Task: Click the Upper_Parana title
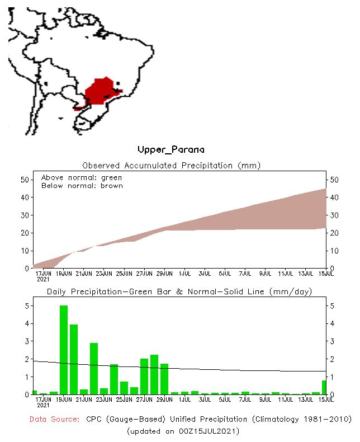click(x=170, y=150)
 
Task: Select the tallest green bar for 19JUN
click(x=64, y=350)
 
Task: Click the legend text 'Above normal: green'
click(x=82, y=177)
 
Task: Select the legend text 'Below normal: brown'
click(x=82, y=185)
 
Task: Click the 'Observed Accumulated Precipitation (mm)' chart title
click(x=172, y=166)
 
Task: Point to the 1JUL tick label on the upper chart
click(x=184, y=273)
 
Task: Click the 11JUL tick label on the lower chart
click(x=286, y=399)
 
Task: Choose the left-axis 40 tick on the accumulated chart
click(x=24, y=197)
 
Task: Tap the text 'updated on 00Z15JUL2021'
click(x=183, y=431)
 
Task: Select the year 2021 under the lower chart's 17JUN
click(x=43, y=405)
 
